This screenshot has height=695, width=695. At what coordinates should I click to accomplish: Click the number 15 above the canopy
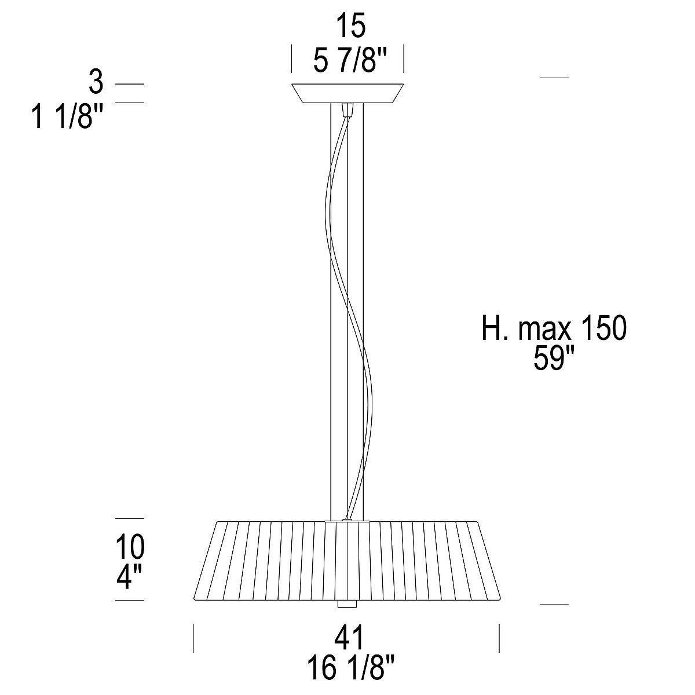351,25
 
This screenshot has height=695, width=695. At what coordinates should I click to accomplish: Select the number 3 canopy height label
96,83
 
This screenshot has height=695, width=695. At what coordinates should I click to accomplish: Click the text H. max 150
554,328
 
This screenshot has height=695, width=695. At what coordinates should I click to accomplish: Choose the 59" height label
549,358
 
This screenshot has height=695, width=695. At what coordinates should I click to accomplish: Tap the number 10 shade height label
130,547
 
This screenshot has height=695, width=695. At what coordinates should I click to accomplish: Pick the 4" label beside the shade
129,577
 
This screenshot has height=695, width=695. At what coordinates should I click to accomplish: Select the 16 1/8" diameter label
350,667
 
